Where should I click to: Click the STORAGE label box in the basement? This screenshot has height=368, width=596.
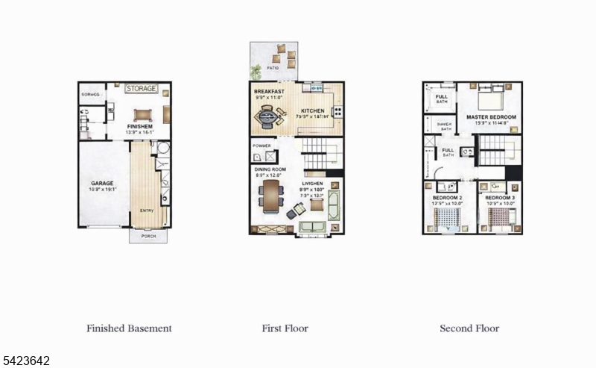(141, 89)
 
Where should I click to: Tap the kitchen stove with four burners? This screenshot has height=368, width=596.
(337, 112)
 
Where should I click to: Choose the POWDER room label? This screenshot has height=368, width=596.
(261, 146)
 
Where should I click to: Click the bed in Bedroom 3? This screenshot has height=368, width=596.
(498, 216)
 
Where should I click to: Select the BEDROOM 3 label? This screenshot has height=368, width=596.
(498, 197)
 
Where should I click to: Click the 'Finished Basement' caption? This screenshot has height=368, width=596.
(129, 328)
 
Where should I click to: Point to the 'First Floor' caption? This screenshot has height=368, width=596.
(285, 328)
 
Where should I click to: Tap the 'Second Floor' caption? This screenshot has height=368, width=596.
(469, 328)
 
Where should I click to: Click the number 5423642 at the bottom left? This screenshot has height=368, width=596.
(25, 361)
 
